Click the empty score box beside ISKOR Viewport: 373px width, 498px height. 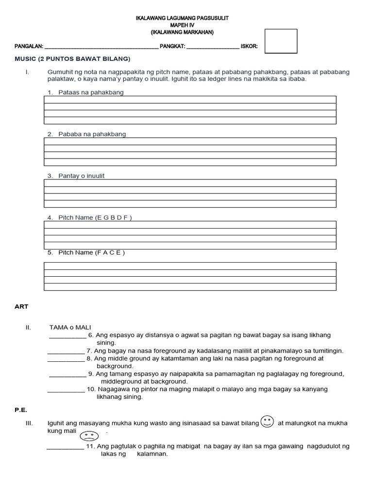tap(280, 41)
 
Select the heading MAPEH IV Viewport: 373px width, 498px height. tap(182, 25)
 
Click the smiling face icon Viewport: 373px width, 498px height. tap(267, 422)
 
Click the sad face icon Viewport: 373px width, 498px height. tap(89, 435)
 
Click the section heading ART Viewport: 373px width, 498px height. tap(22, 306)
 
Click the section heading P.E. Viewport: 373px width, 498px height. tap(20, 410)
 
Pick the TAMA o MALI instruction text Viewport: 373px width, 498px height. tap(70, 327)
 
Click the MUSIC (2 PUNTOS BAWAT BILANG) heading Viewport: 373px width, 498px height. tap(73, 59)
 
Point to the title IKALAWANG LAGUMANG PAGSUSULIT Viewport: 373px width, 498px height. tap(182, 18)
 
